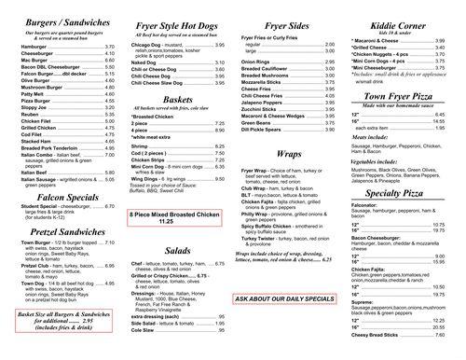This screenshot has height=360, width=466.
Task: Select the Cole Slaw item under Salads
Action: click(145, 330)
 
